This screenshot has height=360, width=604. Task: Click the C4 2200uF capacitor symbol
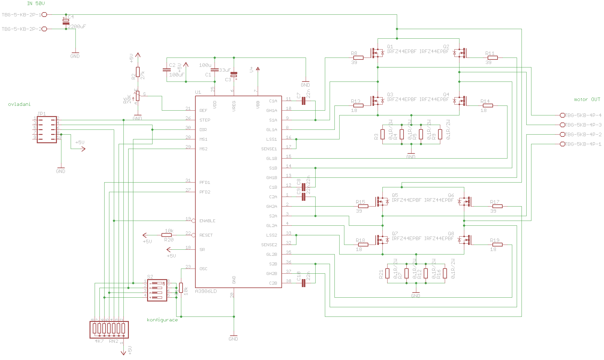(66, 22)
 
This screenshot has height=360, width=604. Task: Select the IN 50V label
(36, 4)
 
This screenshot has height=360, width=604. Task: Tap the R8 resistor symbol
(358, 58)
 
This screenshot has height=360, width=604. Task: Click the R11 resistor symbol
(493, 58)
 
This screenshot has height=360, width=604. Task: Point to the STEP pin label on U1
(205, 120)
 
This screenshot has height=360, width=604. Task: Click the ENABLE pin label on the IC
(207, 221)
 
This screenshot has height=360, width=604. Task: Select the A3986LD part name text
(206, 291)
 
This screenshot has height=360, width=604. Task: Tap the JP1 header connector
(47, 129)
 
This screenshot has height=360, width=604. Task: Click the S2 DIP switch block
(157, 290)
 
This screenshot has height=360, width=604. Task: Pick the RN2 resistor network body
(109, 329)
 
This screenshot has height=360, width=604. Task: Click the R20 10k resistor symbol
(167, 235)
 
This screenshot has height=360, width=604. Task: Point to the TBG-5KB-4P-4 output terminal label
(583, 115)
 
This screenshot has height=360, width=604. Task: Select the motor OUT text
(587, 99)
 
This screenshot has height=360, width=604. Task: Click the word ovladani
(19, 104)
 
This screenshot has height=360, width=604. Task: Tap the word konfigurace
(162, 320)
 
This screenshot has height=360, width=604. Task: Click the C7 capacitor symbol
(304, 101)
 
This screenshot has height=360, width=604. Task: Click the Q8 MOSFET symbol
(466, 240)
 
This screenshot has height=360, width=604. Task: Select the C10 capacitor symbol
(304, 283)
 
